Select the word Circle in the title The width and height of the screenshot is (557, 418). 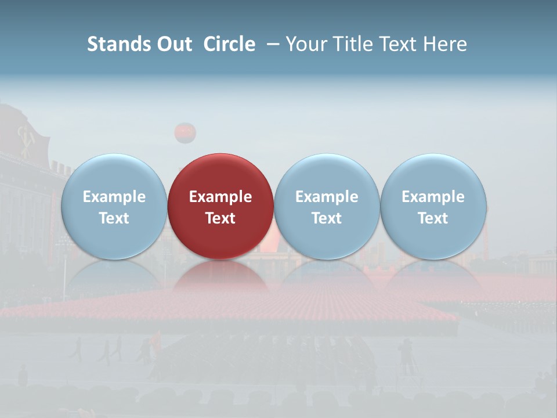[x=229, y=44]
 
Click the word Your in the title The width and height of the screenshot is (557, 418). [x=305, y=44]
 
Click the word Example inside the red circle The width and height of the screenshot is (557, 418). [x=220, y=197]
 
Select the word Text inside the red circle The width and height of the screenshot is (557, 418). [x=220, y=218]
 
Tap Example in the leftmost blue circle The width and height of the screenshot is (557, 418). [x=114, y=197]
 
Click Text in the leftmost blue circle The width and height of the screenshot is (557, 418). [x=114, y=218]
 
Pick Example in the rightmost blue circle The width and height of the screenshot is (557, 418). [x=433, y=197]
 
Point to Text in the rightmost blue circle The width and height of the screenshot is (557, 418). [x=433, y=218]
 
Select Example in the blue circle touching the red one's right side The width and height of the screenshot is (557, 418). [x=327, y=197]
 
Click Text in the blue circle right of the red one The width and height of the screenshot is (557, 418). [x=327, y=218]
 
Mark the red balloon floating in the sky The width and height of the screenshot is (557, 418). [x=185, y=133]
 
